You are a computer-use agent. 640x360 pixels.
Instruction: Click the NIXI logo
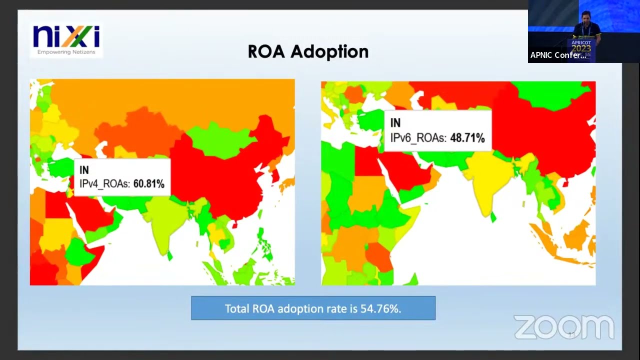(66, 37)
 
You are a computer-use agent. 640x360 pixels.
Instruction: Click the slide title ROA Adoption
(308, 51)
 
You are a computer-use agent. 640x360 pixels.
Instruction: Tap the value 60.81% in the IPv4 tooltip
(148, 184)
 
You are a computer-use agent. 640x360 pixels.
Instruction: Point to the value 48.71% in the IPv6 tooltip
(467, 137)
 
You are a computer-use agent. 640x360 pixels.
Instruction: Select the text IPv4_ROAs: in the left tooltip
(105, 184)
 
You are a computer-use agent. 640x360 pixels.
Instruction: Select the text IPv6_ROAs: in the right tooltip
(418, 137)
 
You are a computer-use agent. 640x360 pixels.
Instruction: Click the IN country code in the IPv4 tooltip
(84, 170)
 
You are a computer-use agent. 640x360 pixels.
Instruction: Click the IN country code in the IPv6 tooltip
(395, 123)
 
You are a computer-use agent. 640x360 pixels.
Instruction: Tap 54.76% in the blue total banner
(380, 309)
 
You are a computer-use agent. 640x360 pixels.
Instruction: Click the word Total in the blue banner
(237, 309)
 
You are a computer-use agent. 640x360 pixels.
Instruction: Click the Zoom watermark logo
(563, 327)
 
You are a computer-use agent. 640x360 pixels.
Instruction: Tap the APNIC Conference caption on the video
(558, 55)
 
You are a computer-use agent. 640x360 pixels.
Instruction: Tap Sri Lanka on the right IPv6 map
(493, 217)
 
